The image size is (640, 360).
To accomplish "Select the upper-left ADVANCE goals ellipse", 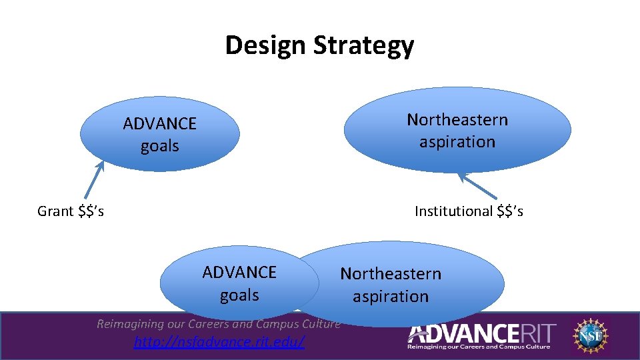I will coord(159,135).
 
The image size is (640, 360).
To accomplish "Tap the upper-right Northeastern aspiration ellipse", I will coord(457,131).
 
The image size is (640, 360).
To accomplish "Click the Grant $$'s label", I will coord(70,211).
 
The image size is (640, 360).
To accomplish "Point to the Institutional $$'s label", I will coord(469,211).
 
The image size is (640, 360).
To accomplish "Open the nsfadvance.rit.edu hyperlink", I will coord(219,343).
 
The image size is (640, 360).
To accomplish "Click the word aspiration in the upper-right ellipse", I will coord(457,142).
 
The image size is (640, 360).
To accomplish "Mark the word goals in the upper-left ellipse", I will coord(159,146).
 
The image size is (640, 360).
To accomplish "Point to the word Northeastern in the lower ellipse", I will coord(391,274).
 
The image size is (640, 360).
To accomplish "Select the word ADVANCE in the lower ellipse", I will coord(239,272).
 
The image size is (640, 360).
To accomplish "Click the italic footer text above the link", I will coord(219,324).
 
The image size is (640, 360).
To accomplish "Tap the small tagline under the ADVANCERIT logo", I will coord(479,347).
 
